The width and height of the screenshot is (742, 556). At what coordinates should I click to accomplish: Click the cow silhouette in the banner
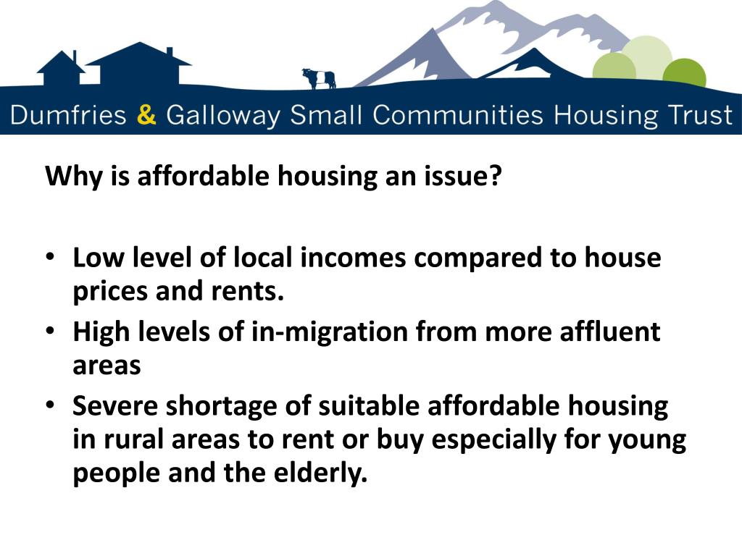point(319,77)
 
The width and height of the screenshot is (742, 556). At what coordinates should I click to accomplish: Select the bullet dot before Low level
point(51,258)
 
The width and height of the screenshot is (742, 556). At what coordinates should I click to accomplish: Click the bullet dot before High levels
point(51,332)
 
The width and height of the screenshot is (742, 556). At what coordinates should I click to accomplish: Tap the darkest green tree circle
point(684,73)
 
